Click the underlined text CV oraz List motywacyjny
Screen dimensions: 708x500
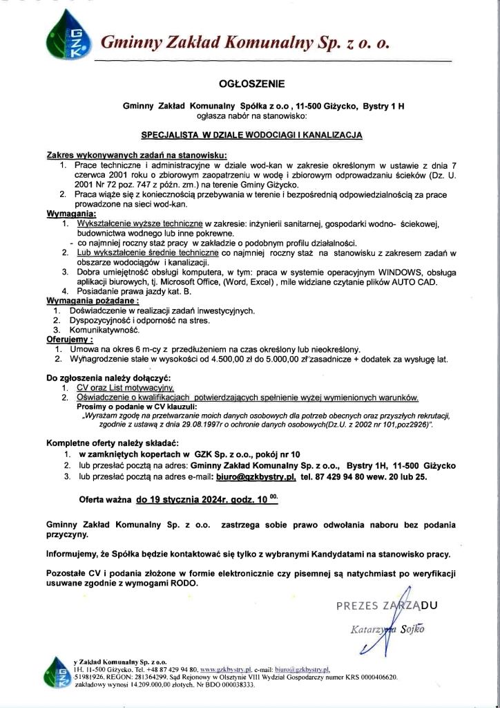coord(124,388)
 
